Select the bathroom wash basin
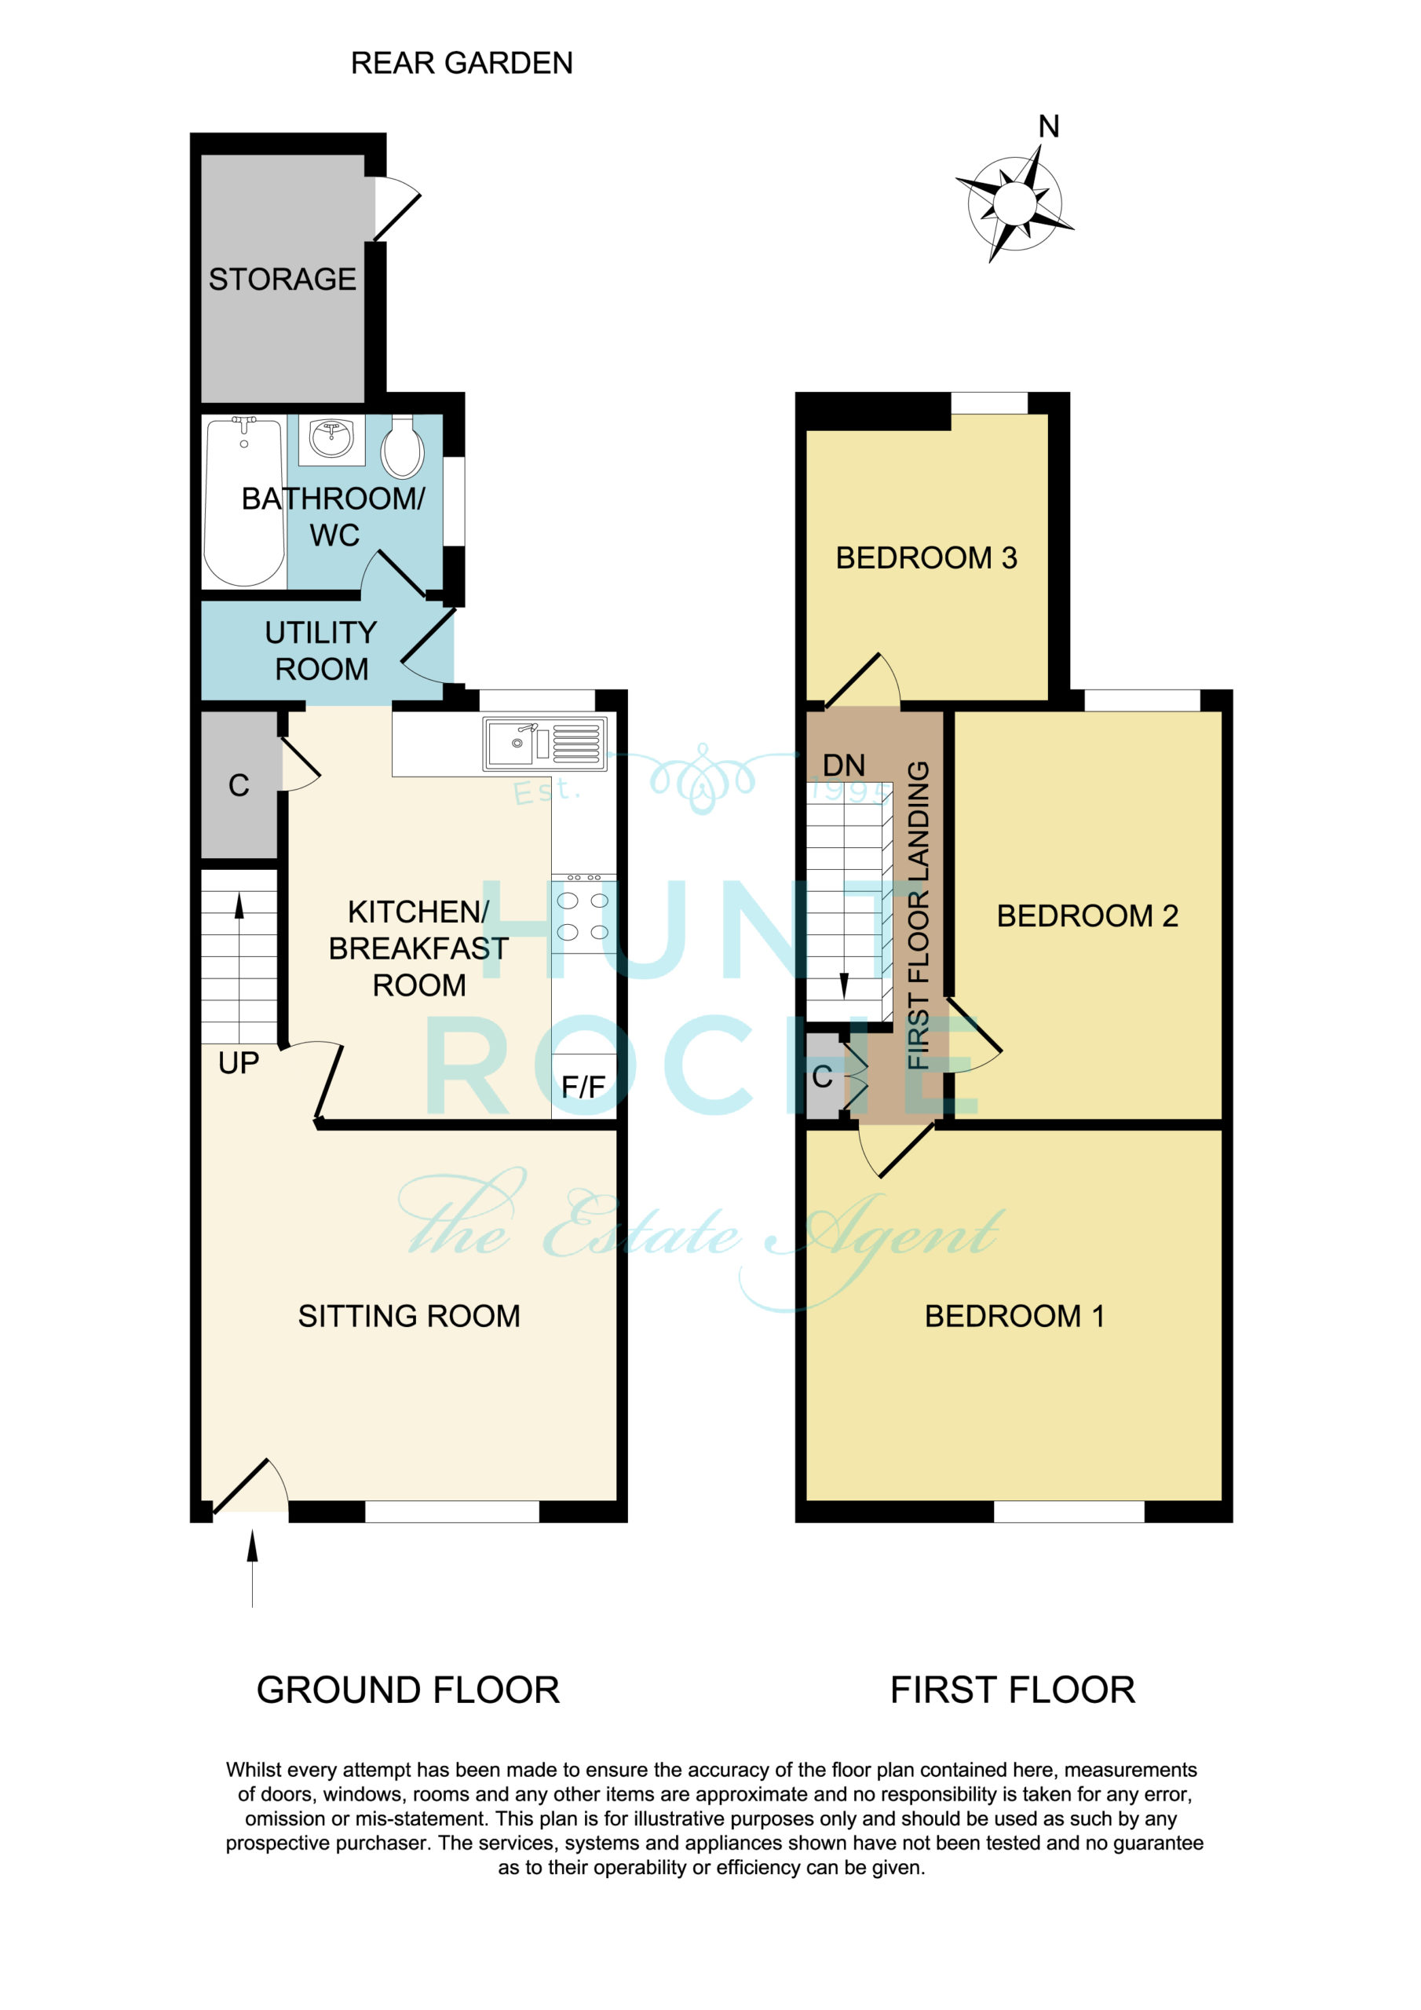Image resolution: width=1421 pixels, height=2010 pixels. pyautogui.click(x=332, y=440)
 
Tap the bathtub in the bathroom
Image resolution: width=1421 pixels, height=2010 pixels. pyautogui.click(x=244, y=502)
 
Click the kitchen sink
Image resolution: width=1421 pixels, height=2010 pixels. pyautogui.click(x=545, y=744)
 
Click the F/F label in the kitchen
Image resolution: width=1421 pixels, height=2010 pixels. pyautogui.click(x=583, y=1087)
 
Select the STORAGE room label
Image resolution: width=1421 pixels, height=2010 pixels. pyautogui.click(x=282, y=280)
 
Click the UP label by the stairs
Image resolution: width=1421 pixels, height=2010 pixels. pyautogui.click(x=238, y=1063)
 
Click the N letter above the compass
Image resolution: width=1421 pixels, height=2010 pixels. pyautogui.click(x=1049, y=127)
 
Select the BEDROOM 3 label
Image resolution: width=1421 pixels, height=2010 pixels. pyautogui.click(x=926, y=557)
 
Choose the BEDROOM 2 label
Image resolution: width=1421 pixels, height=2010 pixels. pyautogui.click(x=1087, y=915)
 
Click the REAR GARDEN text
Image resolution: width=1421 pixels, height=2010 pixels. pyautogui.click(x=462, y=63)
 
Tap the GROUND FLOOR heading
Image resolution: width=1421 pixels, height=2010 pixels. pyautogui.click(x=408, y=1690)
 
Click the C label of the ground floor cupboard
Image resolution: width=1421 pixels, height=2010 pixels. pyautogui.click(x=239, y=785)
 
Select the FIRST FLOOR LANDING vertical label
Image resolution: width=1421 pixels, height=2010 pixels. pyautogui.click(x=918, y=915)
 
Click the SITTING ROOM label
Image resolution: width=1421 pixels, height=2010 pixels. pyautogui.click(x=409, y=1316)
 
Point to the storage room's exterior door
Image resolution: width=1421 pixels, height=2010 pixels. pyautogui.click(x=396, y=207)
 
